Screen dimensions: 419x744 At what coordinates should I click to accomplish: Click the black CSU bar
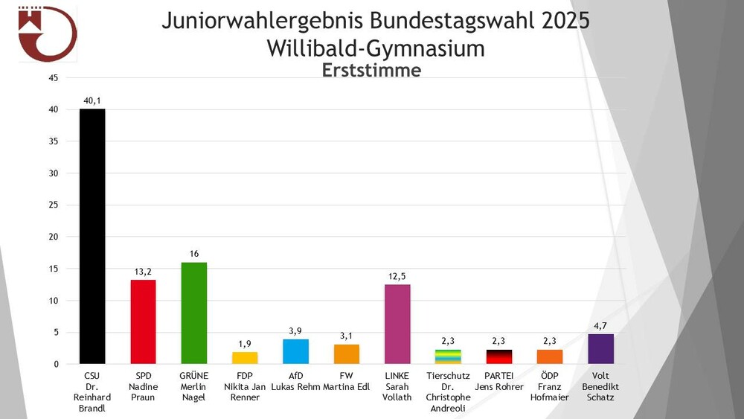point(92,236)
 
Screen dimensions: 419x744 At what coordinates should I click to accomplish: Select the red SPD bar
point(143,322)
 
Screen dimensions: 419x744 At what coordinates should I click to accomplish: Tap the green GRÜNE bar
point(194,313)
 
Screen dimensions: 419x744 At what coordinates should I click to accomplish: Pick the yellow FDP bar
point(245,358)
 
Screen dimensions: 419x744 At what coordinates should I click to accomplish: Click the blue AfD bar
point(295,351)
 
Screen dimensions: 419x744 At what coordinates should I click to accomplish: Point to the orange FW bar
point(347,354)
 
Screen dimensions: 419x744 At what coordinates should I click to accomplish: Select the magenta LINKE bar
point(397,324)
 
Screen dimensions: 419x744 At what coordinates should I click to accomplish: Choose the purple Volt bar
point(600,349)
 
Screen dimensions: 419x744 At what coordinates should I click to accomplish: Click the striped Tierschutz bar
point(448,356)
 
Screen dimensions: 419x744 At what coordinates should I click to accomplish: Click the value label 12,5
point(397,277)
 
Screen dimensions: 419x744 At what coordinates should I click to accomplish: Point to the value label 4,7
point(600,326)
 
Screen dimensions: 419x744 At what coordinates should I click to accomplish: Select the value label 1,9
point(245,344)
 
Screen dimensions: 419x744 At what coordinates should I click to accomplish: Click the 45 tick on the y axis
point(53,77)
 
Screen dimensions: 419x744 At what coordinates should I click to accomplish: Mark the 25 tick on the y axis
point(53,205)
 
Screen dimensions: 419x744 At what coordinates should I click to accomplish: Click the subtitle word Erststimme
point(371,70)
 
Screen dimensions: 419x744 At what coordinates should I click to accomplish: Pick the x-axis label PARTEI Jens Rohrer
point(498,381)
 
